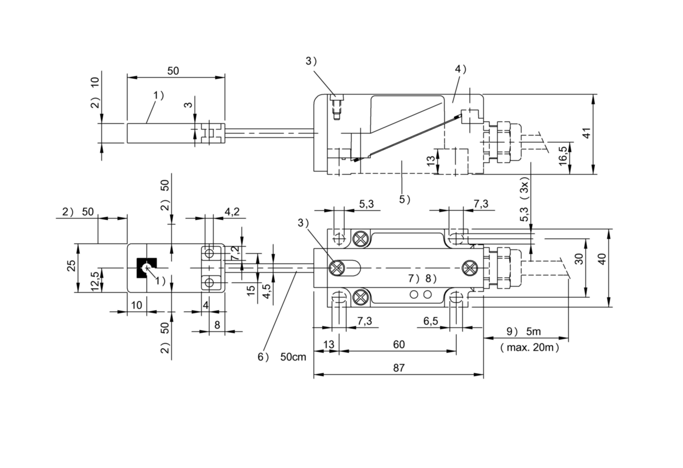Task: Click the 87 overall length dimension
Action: [398, 368]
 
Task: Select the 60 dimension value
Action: [398, 344]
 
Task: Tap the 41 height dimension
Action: [586, 134]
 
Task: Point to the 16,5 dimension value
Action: [563, 156]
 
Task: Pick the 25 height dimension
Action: [72, 266]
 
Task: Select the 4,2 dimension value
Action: [232, 211]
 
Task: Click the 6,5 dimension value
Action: [431, 321]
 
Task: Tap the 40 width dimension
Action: [602, 259]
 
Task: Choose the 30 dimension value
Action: [579, 259]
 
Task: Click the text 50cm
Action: [293, 357]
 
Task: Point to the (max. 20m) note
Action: [530, 347]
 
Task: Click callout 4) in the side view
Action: [461, 69]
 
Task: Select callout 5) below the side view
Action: [405, 199]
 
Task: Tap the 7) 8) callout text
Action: [423, 278]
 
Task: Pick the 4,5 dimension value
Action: [266, 291]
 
